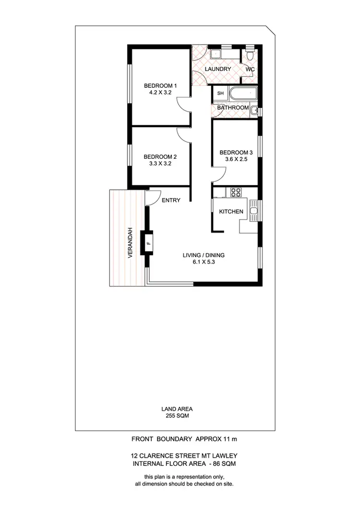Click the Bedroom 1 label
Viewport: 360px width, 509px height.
pyautogui.click(x=157, y=86)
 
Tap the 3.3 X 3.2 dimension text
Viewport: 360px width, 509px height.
pyautogui.click(x=160, y=164)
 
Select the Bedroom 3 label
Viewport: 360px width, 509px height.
pyautogui.click(x=235, y=153)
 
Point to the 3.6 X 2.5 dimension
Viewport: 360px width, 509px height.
pyautogui.click(x=235, y=160)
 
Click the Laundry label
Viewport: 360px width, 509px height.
pyautogui.click(x=218, y=69)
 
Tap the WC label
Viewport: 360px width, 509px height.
pyautogui.click(x=250, y=70)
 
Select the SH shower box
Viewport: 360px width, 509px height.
pyautogui.click(x=221, y=93)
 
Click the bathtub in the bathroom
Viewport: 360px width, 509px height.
pyautogui.click(x=243, y=93)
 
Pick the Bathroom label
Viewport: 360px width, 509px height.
pyautogui.click(x=232, y=108)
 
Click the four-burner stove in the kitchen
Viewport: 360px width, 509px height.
pyautogui.click(x=236, y=192)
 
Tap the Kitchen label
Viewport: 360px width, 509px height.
pyautogui.click(x=231, y=212)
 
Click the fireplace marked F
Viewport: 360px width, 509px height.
pyautogui.click(x=148, y=243)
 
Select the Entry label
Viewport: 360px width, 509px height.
pyautogui.click(x=171, y=200)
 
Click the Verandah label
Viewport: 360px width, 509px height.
pyautogui.click(x=130, y=242)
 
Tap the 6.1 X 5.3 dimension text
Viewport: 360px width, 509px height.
pyautogui.click(x=204, y=262)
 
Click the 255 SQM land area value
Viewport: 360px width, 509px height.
pyautogui.click(x=177, y=416)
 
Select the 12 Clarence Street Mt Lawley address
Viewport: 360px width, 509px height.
pyautogui.click(x=184, y=455)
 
